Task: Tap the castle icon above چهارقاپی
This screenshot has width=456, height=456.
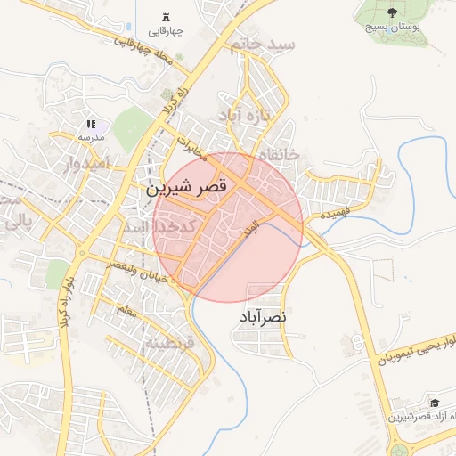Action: [x=167, y=18]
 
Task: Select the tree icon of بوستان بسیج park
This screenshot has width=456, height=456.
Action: [x=393, y=12]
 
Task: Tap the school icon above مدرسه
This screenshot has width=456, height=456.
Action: [x=90, y=124]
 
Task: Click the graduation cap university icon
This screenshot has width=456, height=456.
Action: [x=434, y=402]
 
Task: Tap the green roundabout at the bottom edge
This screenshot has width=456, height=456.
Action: [x=397, y=450]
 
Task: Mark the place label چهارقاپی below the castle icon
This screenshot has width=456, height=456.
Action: [x=167, y=33]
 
